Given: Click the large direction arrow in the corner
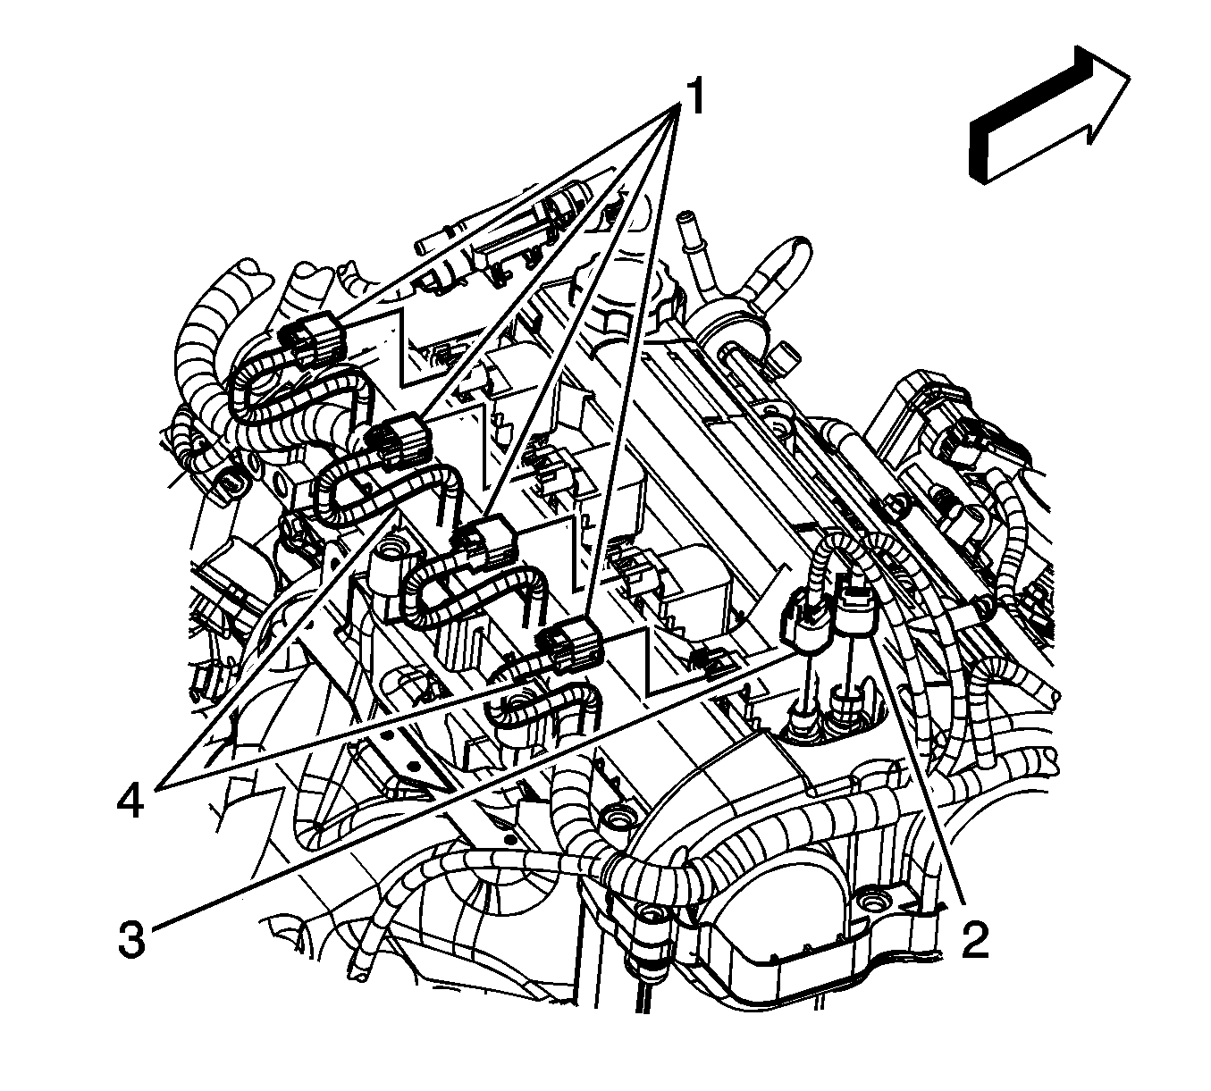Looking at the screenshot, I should [1046, 121].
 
